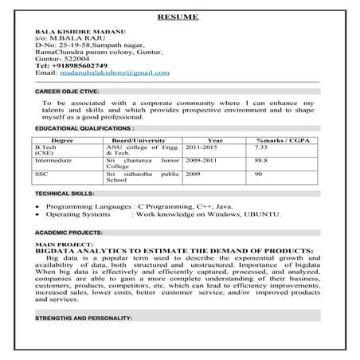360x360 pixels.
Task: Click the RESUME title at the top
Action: click(x=178, y=16)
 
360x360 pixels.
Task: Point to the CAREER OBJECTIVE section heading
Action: click(x=68, y=91)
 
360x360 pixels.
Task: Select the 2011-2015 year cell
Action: click(x=202, y=147)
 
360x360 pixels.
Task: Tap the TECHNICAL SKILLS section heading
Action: click(x=64, y=194)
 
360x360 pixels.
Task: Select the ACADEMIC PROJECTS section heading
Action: click(x=68, y=232)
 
